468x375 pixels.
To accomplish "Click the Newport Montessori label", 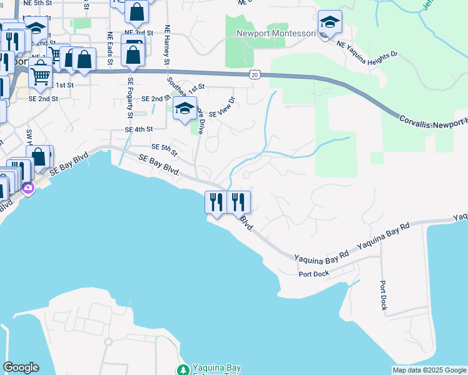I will (274, 34).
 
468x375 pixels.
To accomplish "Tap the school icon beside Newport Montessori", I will (330, 23).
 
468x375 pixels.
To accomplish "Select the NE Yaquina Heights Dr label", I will (367, 49).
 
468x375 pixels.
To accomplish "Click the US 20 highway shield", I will (254, 74).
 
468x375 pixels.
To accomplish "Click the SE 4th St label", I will (139, 129).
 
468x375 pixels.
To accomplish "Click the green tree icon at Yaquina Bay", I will (183, 370).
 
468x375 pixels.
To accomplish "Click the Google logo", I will (20, 367).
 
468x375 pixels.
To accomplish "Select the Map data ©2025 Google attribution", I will (429, 370).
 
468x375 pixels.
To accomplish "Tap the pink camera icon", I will (28, 187).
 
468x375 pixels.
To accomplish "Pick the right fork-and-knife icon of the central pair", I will (238, 202).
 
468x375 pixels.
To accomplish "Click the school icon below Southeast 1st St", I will (185, 109).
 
